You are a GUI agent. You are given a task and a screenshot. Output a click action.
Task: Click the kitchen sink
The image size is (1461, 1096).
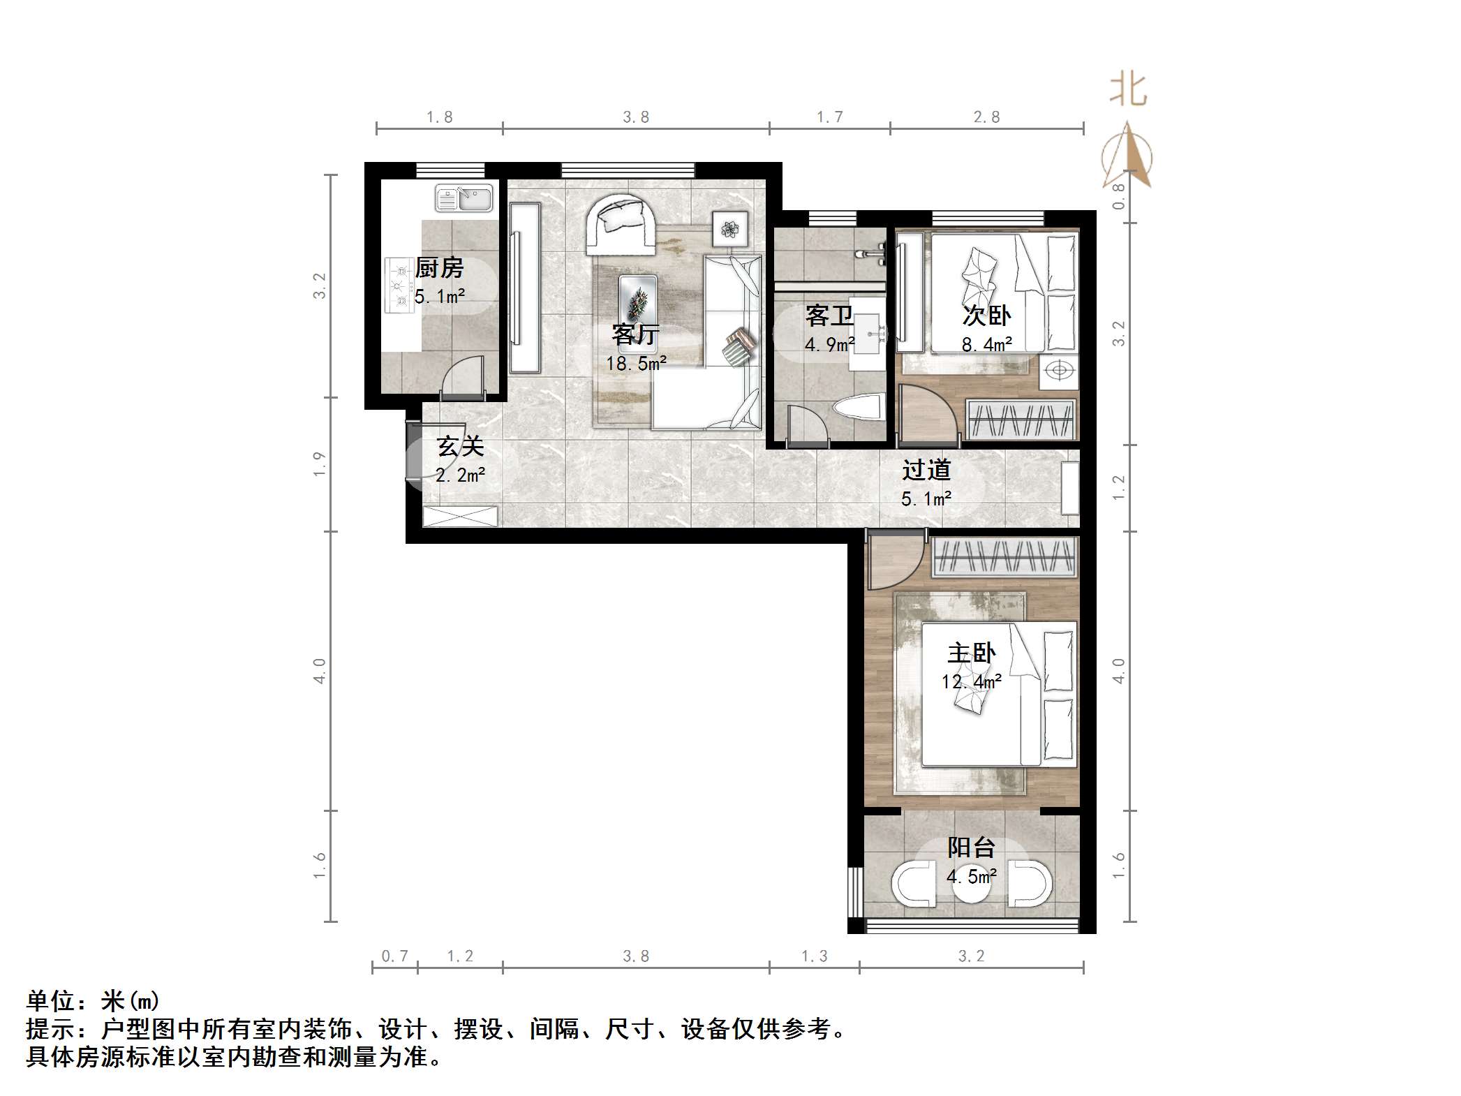(x=464, y=198)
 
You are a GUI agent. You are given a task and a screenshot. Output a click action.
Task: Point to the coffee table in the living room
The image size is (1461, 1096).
(x=638, y=301)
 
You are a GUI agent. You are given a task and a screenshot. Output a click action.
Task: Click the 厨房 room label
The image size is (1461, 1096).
(x=439, y=268)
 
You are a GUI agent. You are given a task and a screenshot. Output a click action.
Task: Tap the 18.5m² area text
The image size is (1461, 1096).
(x=636, y=364)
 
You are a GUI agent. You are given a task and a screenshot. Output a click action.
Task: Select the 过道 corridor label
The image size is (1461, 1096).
(x=926, y=470)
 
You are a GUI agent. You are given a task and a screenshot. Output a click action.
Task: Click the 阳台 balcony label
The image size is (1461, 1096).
(x=971, y=847)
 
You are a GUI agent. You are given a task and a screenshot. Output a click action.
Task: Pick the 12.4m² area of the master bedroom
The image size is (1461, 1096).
(x=971, y=681)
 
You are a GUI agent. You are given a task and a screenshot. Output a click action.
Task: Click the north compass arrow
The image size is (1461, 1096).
(x=1127, y=156)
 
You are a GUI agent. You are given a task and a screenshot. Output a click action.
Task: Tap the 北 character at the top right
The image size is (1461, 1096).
(x=1128, y=91)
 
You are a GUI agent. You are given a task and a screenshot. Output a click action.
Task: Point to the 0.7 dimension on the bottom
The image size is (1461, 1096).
(x=394, y=956)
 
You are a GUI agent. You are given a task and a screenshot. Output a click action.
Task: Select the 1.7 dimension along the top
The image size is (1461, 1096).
(x=830, y=117)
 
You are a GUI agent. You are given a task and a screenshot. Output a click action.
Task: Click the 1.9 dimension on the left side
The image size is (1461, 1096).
(x=320, y=464)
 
